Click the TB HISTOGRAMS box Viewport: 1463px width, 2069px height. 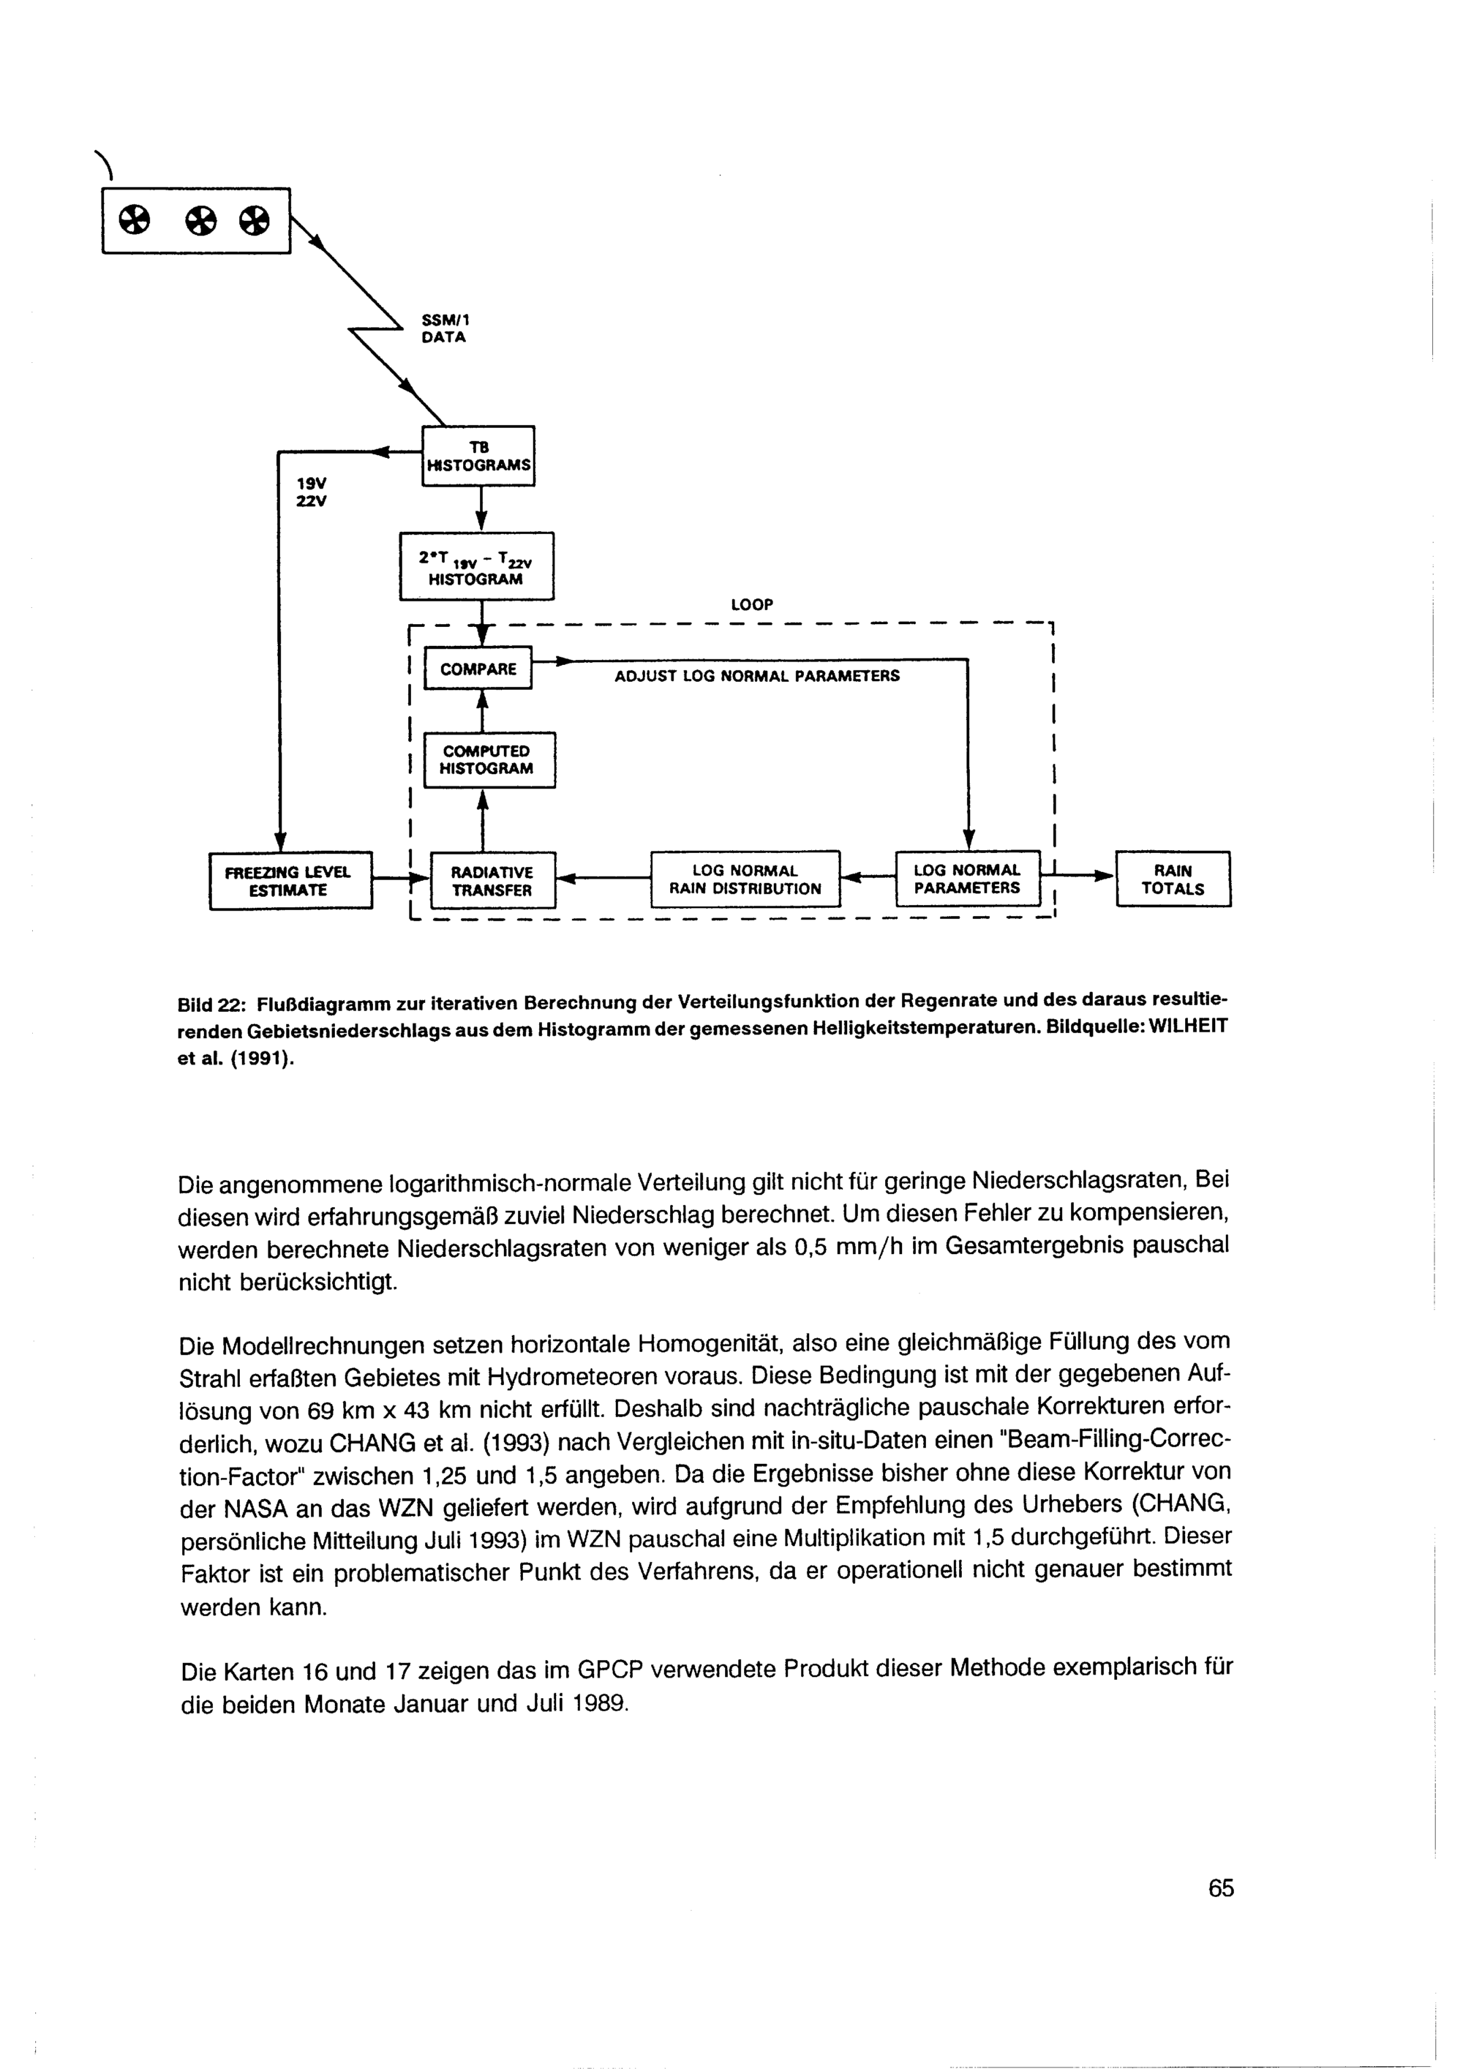[478, 456]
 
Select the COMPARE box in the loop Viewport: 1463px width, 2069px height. [478, 669]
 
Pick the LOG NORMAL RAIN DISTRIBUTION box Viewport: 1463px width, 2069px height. [745, 879]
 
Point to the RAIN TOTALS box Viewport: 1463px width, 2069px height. [1173, 879]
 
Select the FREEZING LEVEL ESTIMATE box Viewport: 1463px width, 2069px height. [290, 880]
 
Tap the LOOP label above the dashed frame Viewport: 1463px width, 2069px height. [752, 604]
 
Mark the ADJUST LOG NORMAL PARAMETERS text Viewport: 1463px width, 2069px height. [756, 676]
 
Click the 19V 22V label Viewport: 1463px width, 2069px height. [312, 492]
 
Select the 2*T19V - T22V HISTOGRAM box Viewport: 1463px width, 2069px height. [476, 567]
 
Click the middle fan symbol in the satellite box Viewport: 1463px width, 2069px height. [202, 220]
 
